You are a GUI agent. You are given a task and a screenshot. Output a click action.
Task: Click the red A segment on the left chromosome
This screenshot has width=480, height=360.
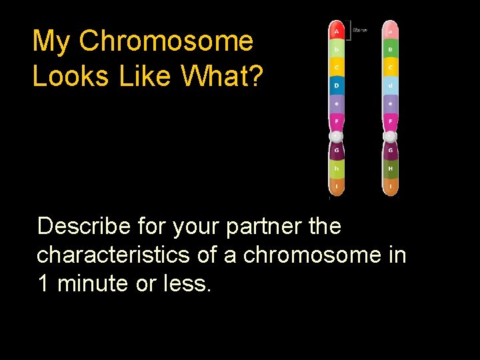pyautogui.click(x=337, y=31)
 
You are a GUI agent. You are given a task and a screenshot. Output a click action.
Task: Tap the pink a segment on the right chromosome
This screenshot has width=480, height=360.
pyautogui.click(x=391, y=31)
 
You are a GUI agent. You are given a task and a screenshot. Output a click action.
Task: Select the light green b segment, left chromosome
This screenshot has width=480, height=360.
pyautogui.click(x=337, y=49)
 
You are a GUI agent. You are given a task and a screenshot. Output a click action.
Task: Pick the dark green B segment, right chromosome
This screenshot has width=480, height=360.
pyautogui.click(x=391, y=49)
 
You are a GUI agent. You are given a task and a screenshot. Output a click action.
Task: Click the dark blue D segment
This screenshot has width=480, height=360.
pyautogui.click(x=337, y=86)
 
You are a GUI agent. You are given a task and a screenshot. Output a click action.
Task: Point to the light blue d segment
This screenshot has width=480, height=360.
pyautogui.click(x=391, y=86)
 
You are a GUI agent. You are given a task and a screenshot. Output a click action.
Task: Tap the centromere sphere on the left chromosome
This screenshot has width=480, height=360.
pyautogui.click(x=337, y=136)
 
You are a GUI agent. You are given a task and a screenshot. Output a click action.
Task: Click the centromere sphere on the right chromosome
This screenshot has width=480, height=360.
pyautogui.click(x=391, y=136)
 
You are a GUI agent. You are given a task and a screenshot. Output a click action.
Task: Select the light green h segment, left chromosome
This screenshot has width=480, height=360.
pyautogui.click(x=337, y=169)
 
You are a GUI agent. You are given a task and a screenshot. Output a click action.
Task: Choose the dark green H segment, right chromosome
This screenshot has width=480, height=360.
pyautogui.click(x=391, y=169)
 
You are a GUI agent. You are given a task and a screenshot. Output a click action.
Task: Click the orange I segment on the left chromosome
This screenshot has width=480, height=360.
pyautogui.click(x=337, y=187)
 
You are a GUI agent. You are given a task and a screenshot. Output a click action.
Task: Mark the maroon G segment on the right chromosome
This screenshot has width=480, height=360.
pyautogui.click(x=391, y=151)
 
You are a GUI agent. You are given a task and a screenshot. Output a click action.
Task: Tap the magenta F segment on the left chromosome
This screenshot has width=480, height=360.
pyautogui.click(x=337, y=121)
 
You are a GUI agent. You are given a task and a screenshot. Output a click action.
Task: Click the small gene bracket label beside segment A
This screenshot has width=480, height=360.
pyautogui.click(x=359, y=30)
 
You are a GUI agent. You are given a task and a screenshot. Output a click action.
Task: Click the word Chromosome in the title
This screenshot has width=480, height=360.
pyautogui.click(x=166, y=41)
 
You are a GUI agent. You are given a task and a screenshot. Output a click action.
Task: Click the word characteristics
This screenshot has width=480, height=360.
pyautogui.click(x=113, y=255)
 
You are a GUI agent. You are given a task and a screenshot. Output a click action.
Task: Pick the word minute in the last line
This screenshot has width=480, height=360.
pyautogui.click(x=93, y=284)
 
